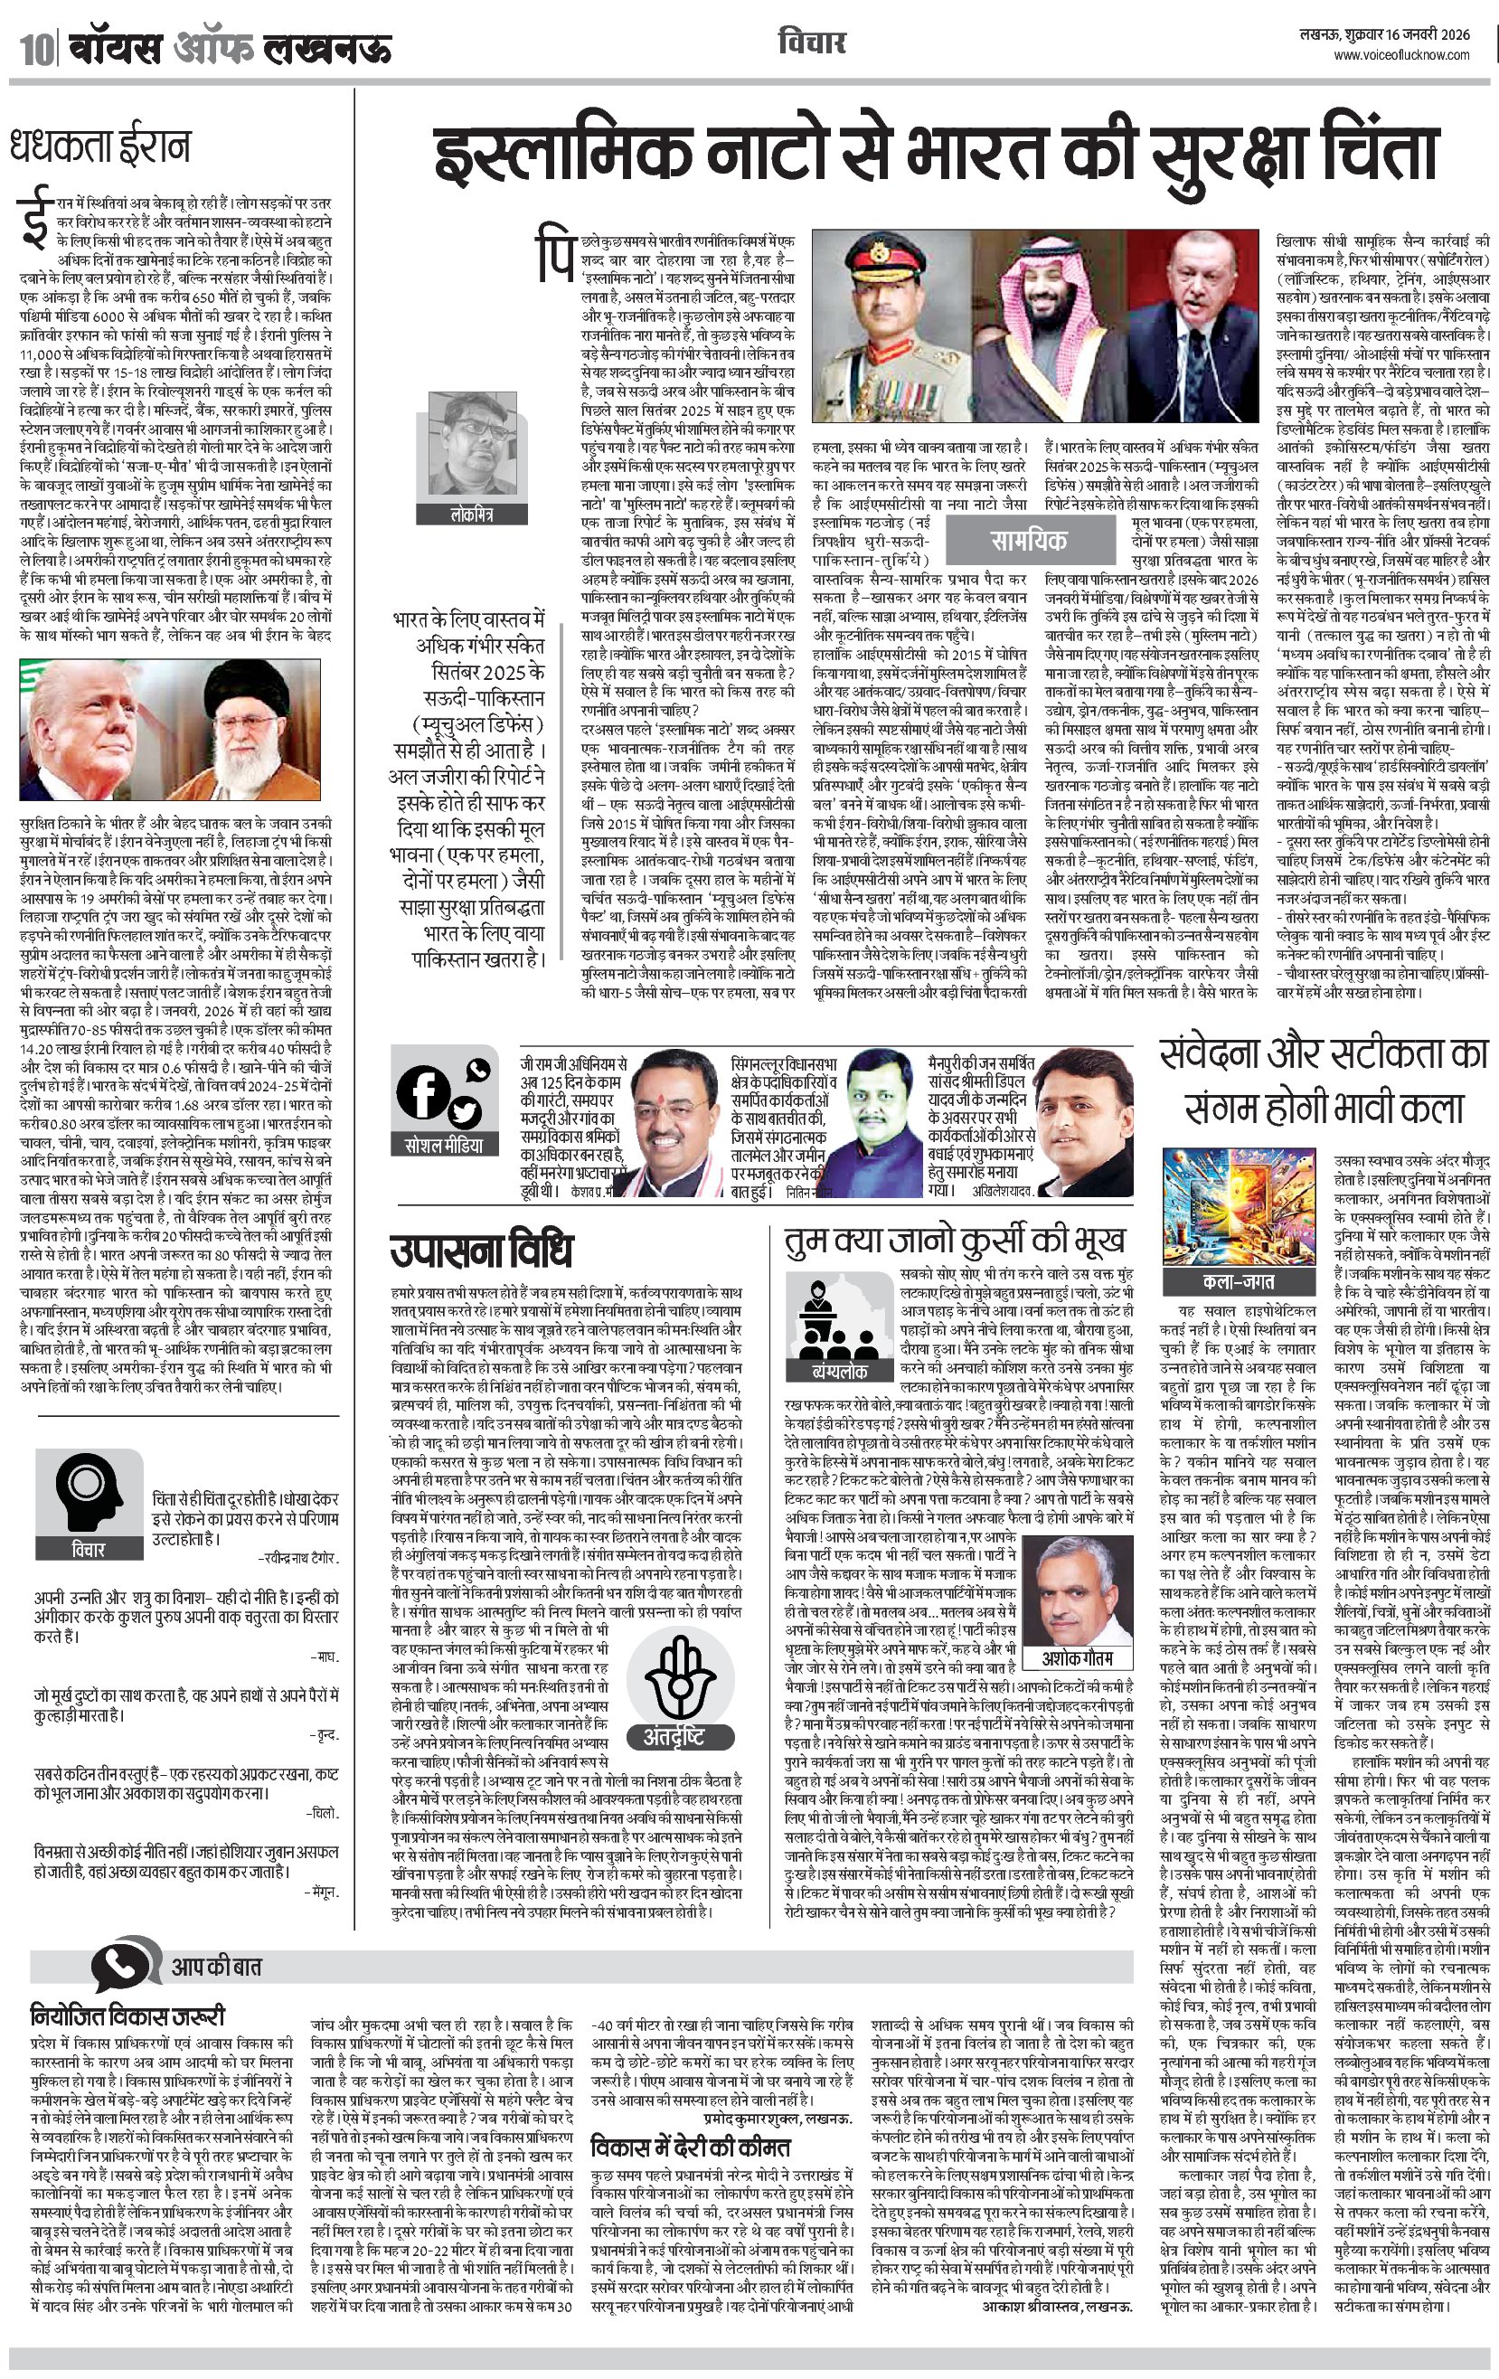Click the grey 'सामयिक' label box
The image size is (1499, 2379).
pos(1029,541)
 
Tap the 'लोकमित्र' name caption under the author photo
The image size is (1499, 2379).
pos(470,515)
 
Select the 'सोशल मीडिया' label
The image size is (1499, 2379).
pos(445,1146)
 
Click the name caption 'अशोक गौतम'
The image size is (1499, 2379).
pos(1077,1657)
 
